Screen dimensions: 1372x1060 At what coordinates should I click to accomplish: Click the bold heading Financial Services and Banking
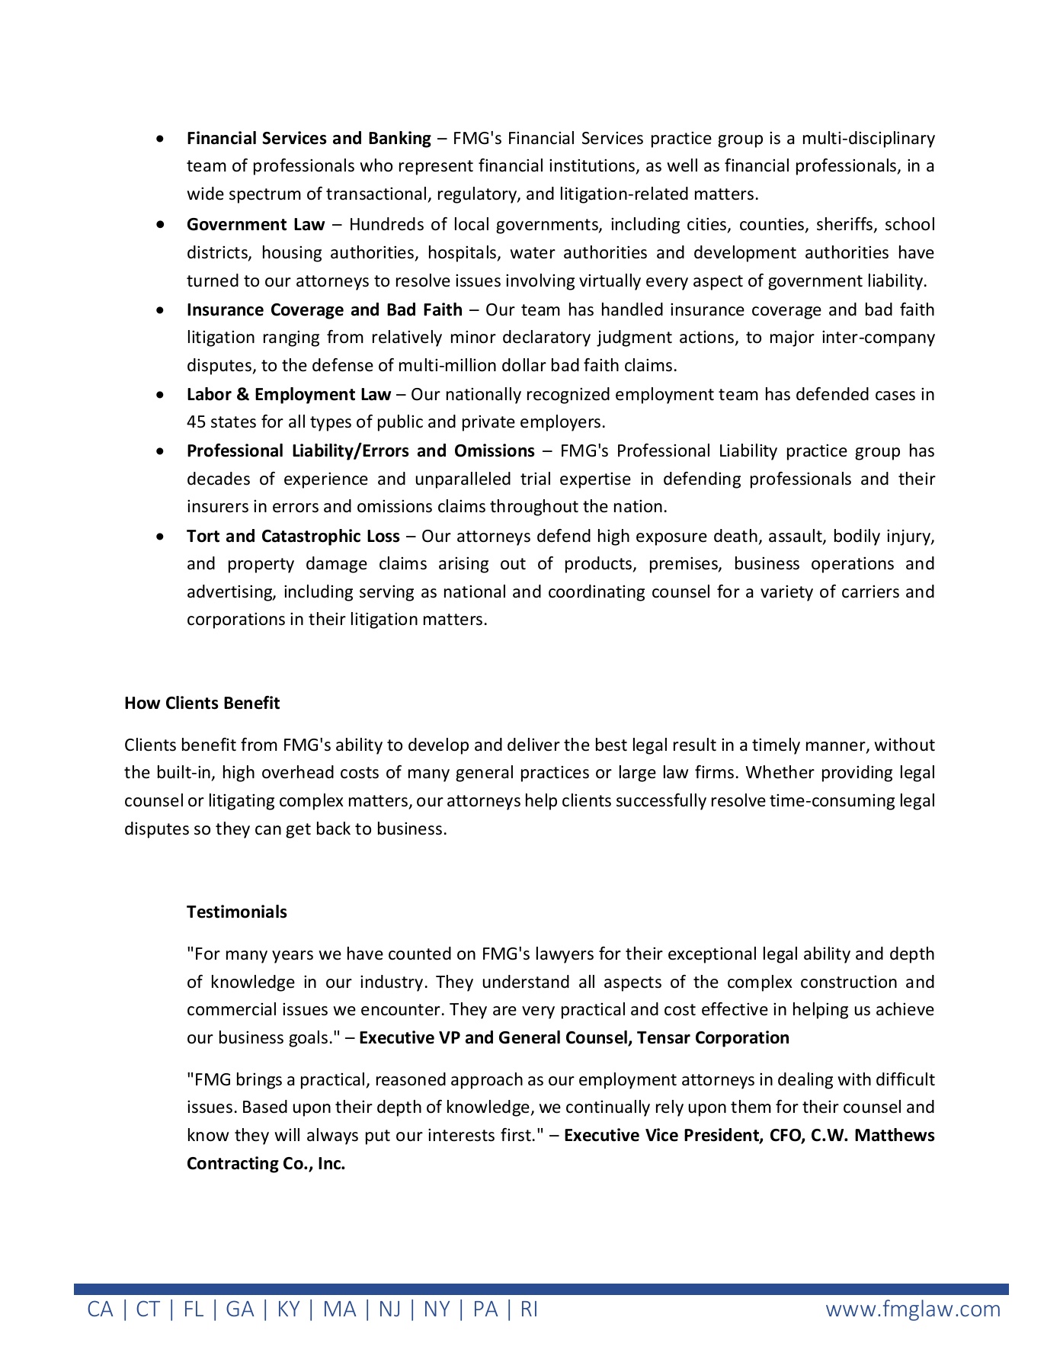pyautogui.click(x=309, y=138)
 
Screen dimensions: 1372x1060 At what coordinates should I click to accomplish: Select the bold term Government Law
pyautogui.click(x=255, y=224)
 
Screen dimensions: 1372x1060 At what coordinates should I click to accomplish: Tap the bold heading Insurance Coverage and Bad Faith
pyautogui.click(x=324, y=309)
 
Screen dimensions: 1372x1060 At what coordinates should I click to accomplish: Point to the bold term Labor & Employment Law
pyautogui.click(x=288, y=394)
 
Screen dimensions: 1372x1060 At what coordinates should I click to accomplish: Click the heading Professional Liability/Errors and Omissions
pyautogui.click(x=360, y=450)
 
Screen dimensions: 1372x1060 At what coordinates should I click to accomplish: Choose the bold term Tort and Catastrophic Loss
pyautogui.click(x=293, y=536)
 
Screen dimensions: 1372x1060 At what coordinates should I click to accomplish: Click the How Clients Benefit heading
pyautogui.click(x=202, y=703)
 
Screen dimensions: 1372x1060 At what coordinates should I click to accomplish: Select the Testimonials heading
pyautogui.click(x=236, y=912)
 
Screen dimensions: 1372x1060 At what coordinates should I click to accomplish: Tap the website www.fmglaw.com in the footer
pyautogui.click(x=913, y=1309)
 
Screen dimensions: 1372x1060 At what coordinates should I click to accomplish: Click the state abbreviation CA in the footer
pyautogui.click(x=100, y=1309)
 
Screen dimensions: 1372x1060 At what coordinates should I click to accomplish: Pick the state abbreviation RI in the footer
pyautogui.click(x=529, y=1309)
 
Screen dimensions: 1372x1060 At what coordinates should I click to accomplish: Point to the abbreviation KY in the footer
pyautogui.click(x=288, y=1309)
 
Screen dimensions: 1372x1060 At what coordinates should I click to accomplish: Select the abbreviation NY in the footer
pyautogui.click(x=437, y=1309)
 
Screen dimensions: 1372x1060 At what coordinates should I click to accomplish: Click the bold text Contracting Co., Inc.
pyautogui.click(x=266, y=1163)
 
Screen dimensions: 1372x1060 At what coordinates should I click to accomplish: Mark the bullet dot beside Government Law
pyautogui.click(x=159, y=225)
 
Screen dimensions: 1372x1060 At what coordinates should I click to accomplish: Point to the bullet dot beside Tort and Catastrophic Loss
pyautogui.click(x=159, y=537)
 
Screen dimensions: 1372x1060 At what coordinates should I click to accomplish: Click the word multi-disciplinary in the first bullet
pyautogui.click(x=868, y=138)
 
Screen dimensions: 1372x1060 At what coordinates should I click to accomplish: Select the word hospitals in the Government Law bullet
pyautogui.click(x=462, y=252)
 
